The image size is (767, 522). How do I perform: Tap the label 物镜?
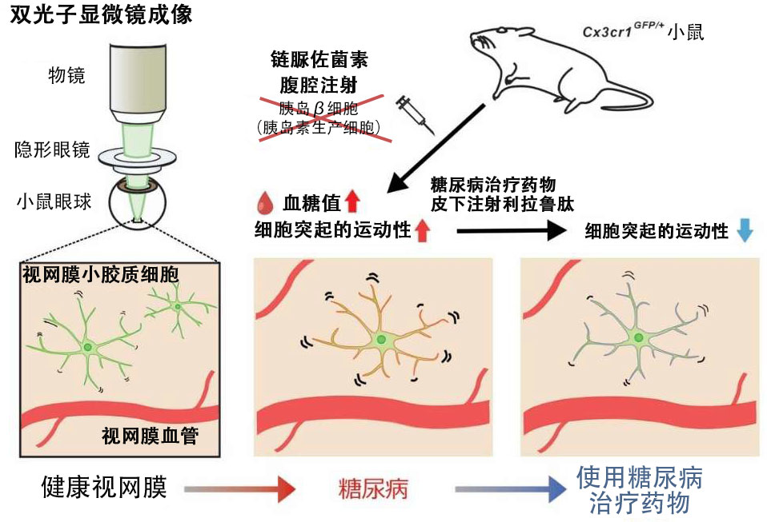(x=66, y=76)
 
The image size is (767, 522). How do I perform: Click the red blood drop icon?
(x=262, y=200)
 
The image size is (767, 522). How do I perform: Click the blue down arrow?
(x=745, y=230)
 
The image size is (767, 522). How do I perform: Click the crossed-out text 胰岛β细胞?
(x=319, y=108)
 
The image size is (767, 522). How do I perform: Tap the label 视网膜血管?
(x=151, y=436)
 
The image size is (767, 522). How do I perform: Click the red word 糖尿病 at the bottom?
(x=373, y=487)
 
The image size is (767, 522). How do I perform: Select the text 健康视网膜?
(x=104, y=487)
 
